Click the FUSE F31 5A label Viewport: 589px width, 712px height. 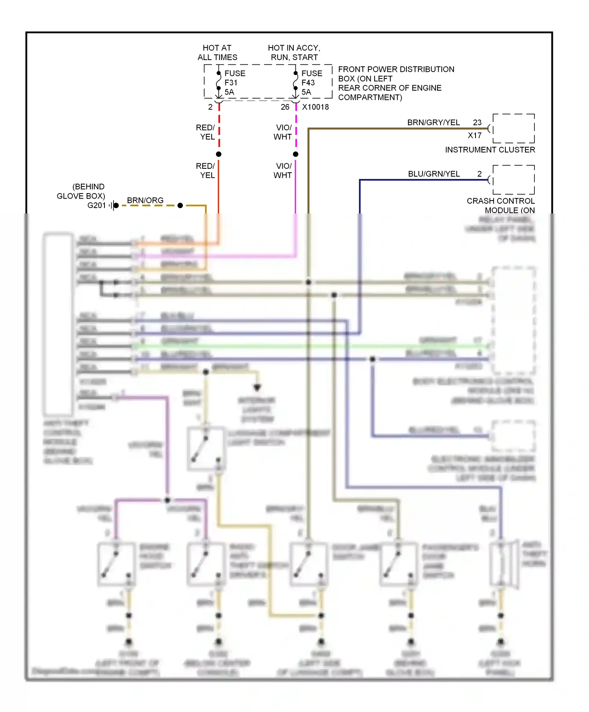(234, 83)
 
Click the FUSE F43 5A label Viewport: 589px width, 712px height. (311, 83)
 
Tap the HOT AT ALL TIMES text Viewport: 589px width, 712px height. (217, 53)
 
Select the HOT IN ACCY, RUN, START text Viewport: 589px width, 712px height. (294, 53)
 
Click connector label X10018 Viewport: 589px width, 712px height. (315, 107)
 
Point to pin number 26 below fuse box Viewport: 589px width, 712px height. (285, 107)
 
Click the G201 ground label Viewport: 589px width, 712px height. (97, 205)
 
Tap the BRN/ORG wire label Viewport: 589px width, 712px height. (145, 201)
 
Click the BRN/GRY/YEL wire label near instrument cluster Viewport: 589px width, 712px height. (433, 122)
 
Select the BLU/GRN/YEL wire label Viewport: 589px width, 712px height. (434, 174)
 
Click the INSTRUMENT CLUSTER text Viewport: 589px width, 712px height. (490, 150)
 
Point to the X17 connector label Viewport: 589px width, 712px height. (474, 135)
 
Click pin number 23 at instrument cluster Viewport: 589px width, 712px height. (477, 122)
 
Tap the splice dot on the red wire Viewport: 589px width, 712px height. (219, 154)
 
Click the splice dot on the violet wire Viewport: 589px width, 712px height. (296, 154)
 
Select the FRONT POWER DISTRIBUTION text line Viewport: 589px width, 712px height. (396, 69)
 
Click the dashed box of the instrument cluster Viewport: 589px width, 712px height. (514, 128)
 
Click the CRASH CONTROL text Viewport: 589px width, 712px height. (500, 201)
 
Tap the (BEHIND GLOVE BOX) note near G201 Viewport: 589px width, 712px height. (81, 191)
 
